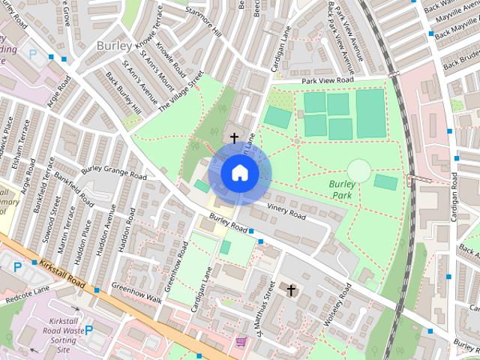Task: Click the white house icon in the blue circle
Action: point(240,173)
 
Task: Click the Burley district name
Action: point(114,46)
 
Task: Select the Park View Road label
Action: point(327,80)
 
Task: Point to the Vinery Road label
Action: point(286,211)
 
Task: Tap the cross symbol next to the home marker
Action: point(234,138)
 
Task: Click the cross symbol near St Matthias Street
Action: point(291,289)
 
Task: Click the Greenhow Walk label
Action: point(136,293)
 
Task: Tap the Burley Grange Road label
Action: point(114,171)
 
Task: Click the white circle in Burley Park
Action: point(359,170)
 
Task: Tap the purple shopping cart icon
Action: point(241,342)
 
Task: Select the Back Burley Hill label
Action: point(124,93)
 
